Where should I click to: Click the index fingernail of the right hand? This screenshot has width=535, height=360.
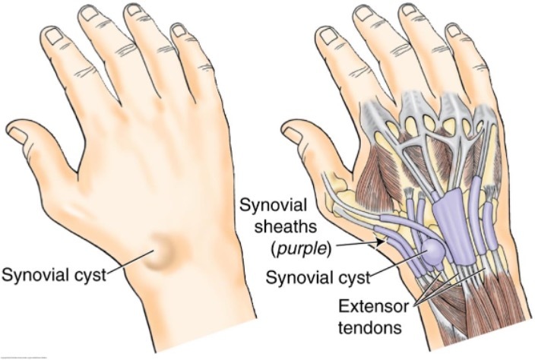pyautogui.click(x=328, y=34)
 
